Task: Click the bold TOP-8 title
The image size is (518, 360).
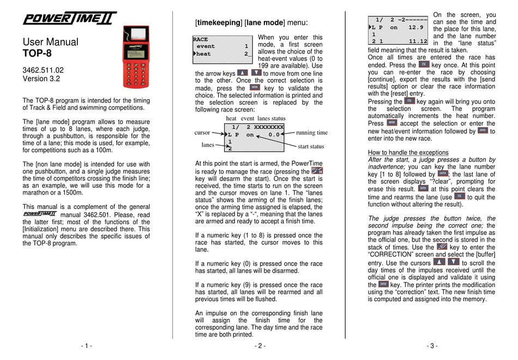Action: (37, 53)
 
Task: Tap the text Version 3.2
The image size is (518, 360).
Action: (41, 79)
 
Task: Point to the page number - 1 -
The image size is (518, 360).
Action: (87, 346)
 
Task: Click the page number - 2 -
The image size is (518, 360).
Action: (260, 346)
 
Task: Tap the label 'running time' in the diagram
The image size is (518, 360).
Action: (312, 133)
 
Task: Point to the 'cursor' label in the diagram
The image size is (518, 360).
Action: (202, 133)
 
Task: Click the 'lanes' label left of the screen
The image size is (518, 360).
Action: (207, 145)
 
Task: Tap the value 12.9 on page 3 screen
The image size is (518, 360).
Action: (415, 26)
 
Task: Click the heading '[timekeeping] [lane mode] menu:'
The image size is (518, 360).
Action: (251, 23)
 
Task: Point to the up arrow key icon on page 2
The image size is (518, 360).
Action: (243, 73)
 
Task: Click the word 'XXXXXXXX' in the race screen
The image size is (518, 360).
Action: (269, 127)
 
